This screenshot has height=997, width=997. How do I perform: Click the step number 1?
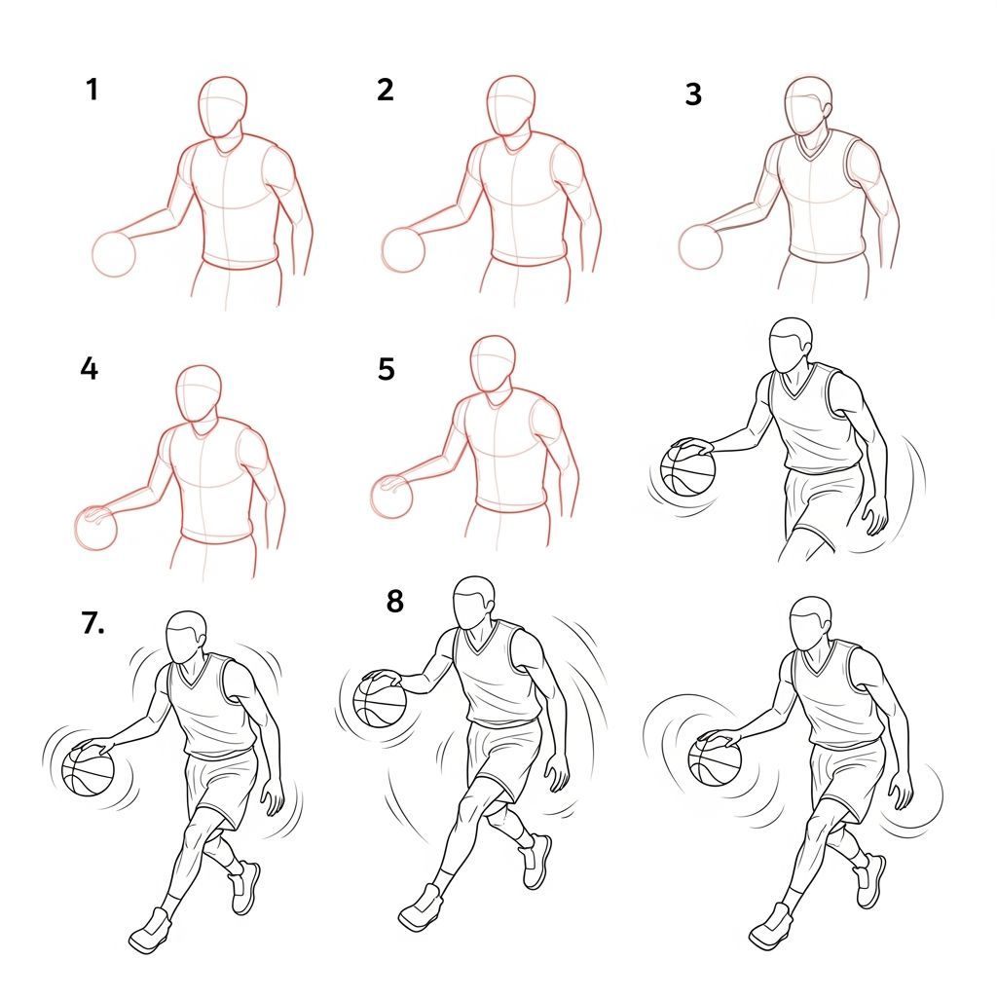(92, 91)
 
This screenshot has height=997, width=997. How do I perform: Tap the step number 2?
(386, 91)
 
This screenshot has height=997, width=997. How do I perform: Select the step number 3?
(693, 95)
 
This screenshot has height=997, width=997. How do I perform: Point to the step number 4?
(90, 370)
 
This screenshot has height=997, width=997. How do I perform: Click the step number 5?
(386, 370)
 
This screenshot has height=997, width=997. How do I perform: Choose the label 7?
(93, 625)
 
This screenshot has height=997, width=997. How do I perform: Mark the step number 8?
(394, 602)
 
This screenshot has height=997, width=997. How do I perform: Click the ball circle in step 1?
(114, 255)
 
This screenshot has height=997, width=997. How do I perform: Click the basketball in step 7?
(88, 770)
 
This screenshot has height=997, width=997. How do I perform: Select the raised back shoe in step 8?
(536, 861)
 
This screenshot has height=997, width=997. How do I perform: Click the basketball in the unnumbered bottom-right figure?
(715, 759)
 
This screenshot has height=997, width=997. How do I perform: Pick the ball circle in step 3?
(698, 246)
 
